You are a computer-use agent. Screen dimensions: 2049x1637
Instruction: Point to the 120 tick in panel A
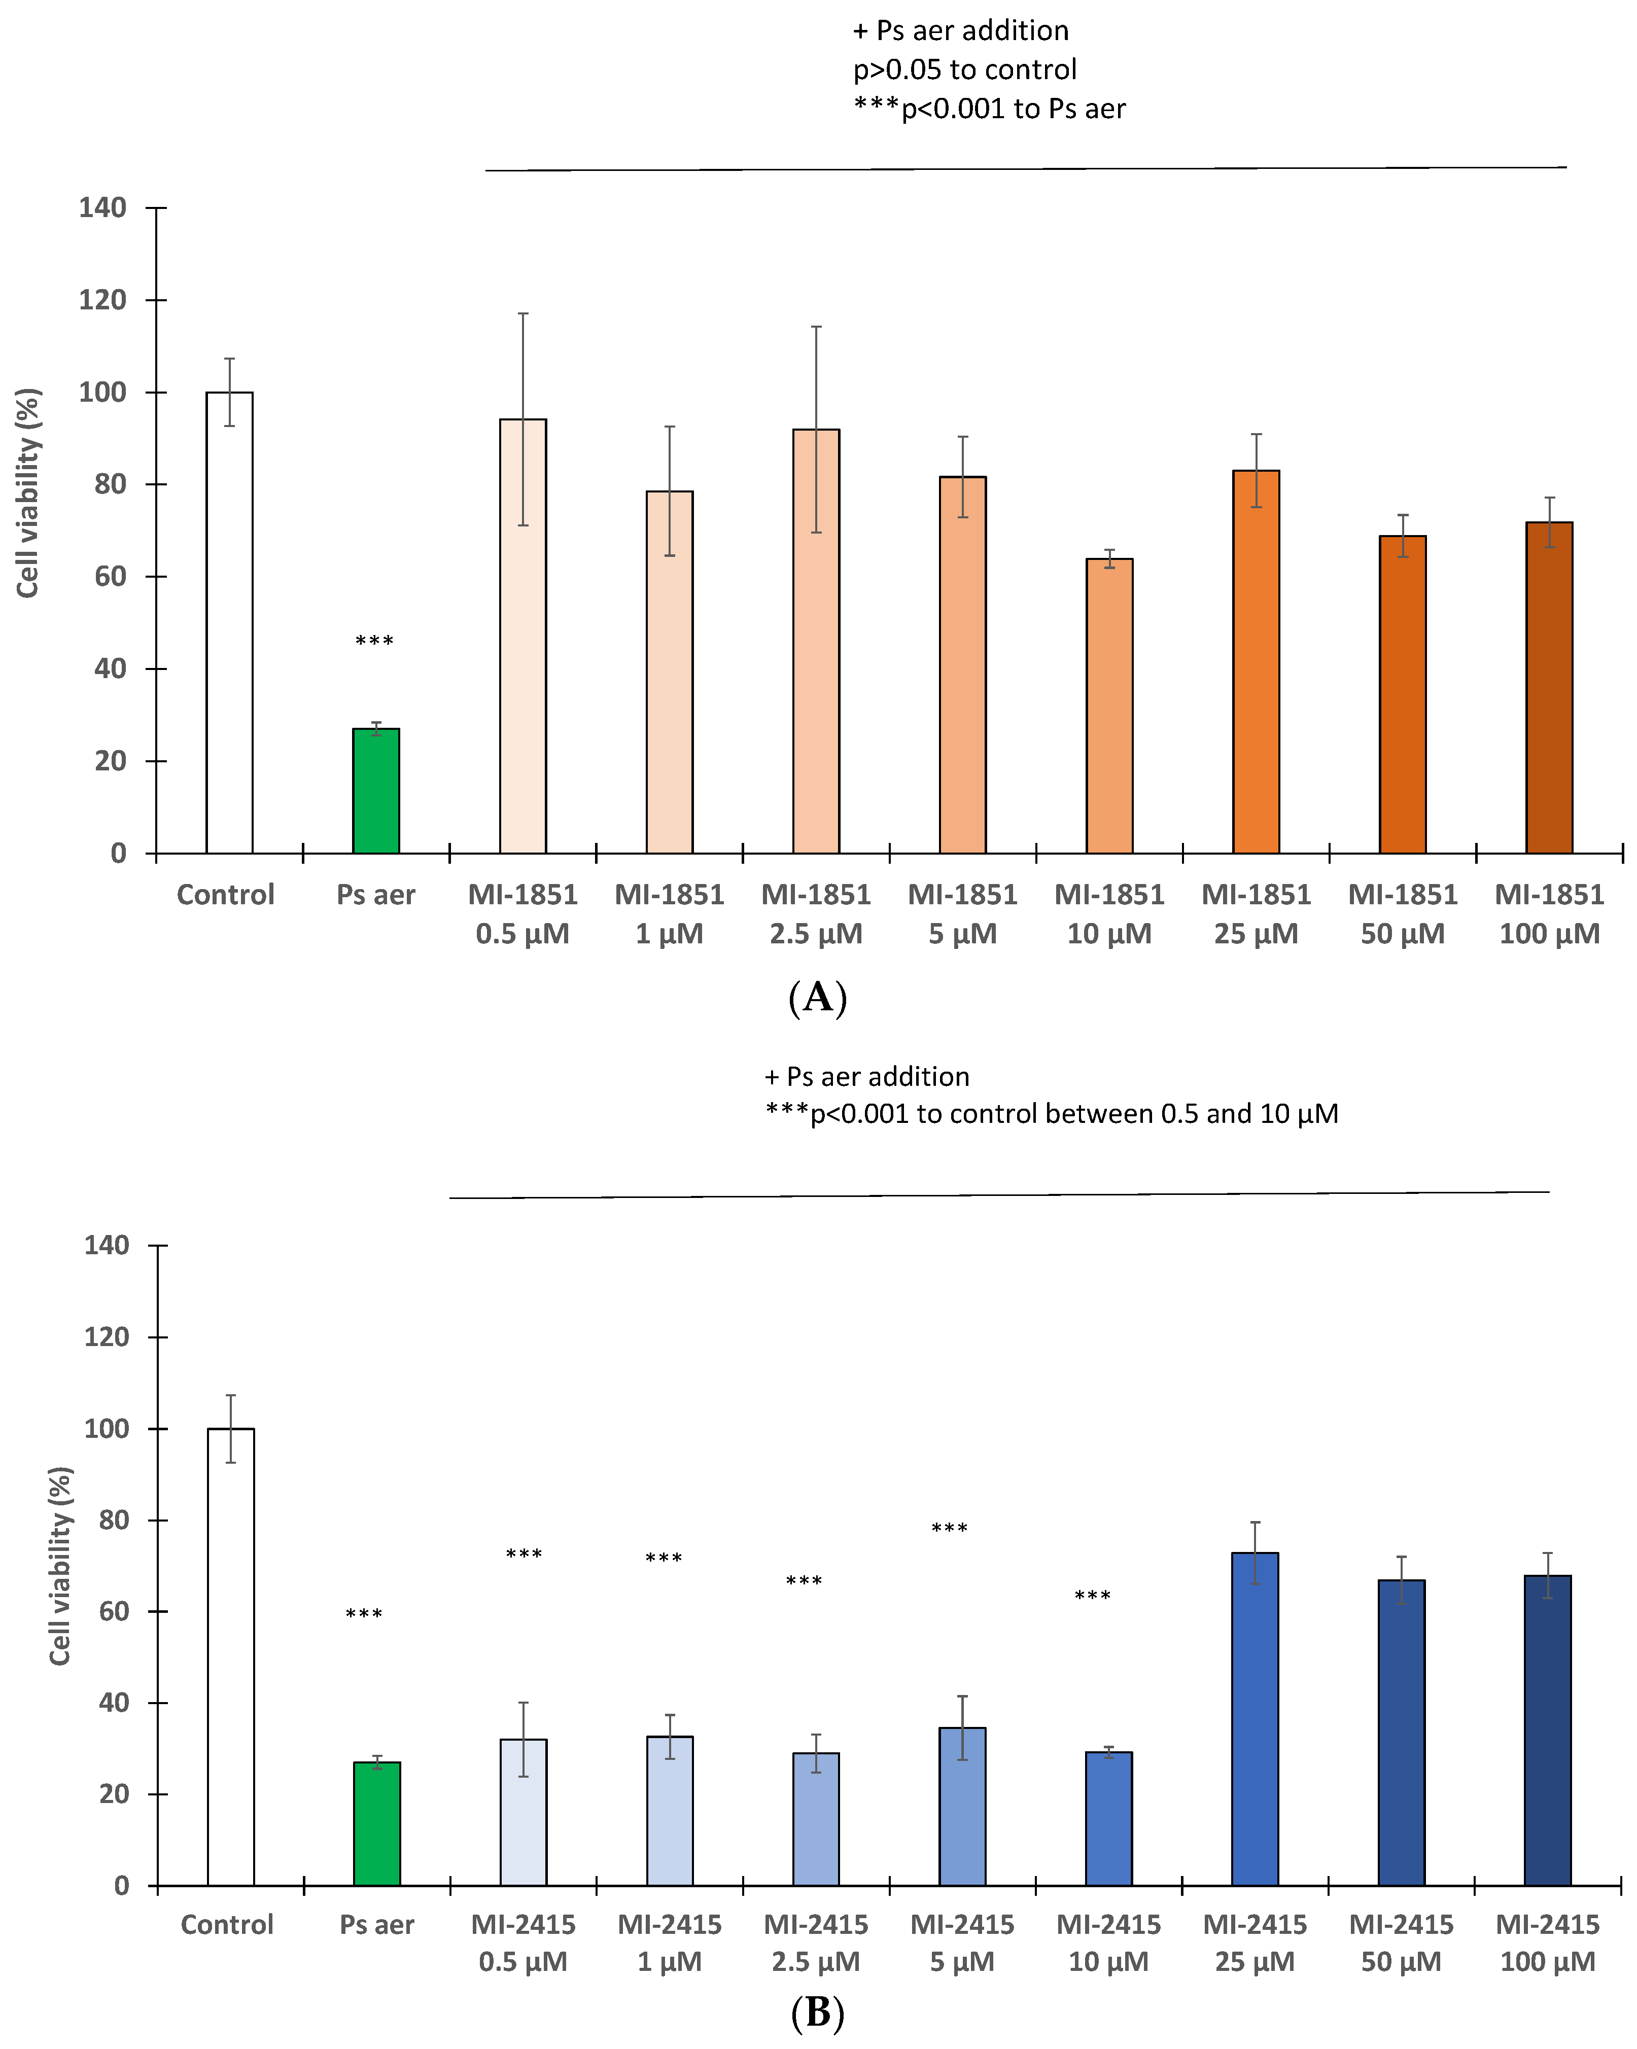(x=102, y=300)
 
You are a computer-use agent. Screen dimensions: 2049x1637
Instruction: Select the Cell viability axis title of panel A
(x=28, y=492)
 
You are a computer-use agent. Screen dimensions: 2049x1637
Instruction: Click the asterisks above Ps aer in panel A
(x=374, y=642)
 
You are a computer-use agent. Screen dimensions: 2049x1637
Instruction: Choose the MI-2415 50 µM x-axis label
(x=1401, y=1944)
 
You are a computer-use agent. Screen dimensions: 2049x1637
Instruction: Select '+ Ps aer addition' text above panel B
(x=867, y=1077)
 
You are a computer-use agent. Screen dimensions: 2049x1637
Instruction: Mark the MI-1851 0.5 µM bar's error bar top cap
(x=523, y=313)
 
